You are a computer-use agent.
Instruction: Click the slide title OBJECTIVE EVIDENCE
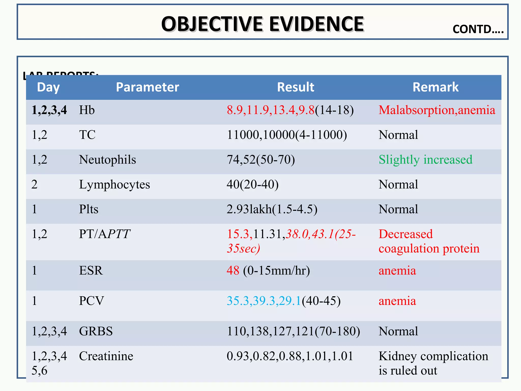tap(263, 24)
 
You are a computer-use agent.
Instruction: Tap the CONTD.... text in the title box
tap(478, 29)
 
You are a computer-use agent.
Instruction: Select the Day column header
tap(48, 87)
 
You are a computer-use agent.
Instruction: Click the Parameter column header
tap(148, 87)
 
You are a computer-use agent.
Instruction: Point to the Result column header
tap(296, 87)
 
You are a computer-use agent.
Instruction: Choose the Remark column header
tap(436, 87)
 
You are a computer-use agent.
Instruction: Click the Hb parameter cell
tap(87, 110)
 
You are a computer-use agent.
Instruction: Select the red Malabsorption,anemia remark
tap(437, 110)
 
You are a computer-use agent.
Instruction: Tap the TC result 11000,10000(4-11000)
tap(287, 135)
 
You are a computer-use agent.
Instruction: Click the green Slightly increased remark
tap(425, 160)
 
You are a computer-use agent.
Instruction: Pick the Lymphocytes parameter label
tap(114, 185)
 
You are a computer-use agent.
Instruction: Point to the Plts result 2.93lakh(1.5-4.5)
tap(272, 209)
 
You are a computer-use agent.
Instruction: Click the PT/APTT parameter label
tap(105, 234)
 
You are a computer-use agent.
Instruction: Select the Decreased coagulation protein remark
tap(429, 241)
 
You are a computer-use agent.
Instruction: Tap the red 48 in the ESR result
tap(233, 271)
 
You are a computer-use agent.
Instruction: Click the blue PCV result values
tap(264, 301)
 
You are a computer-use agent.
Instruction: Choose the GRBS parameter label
tap(96, 331)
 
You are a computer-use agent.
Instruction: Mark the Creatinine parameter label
tap(106, 356)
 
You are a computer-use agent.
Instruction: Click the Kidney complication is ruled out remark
tap(433, 363)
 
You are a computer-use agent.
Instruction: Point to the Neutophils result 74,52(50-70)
tap(261, 160)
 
